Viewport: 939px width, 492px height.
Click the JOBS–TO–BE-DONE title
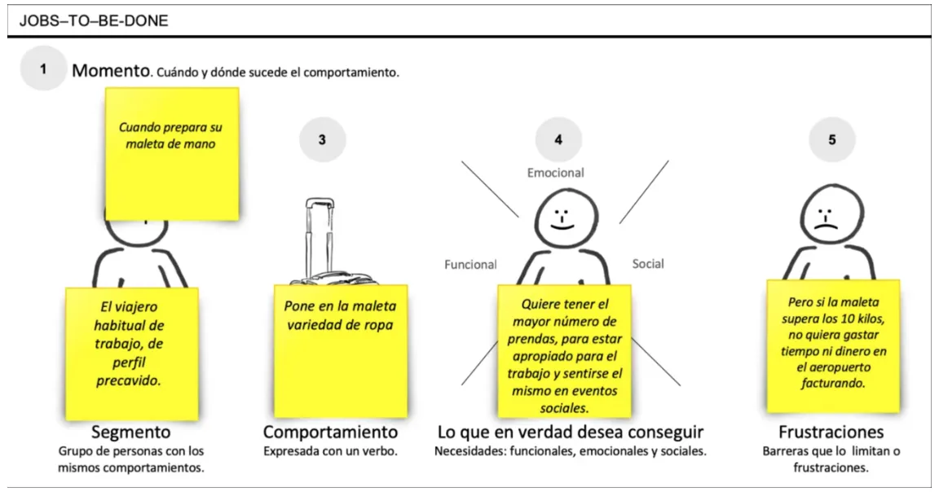[94, 21]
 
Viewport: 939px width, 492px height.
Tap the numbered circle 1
[43, 69]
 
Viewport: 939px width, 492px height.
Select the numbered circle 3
[322, 139]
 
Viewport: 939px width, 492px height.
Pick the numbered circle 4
[558, 139]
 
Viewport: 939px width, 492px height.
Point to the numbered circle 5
[831, 139]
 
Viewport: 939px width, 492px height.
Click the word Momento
[111, 71]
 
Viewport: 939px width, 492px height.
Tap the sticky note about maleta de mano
[172, 154]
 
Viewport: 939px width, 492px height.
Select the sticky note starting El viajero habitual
[132, 354]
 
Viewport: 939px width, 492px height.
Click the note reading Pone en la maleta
[340, 351]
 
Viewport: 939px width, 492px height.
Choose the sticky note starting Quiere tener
[564, 351]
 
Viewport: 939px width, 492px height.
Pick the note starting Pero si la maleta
[833, 346]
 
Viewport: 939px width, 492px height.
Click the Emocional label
[556, 173]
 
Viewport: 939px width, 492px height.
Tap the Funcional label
[470, 265]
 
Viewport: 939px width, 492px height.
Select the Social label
[648, 264]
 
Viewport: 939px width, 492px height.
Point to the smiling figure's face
[566, 217]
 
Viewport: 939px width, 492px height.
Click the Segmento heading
[130, 433]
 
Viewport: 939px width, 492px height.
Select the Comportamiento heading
[330, 433]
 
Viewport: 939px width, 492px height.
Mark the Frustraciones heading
[831, 433]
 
